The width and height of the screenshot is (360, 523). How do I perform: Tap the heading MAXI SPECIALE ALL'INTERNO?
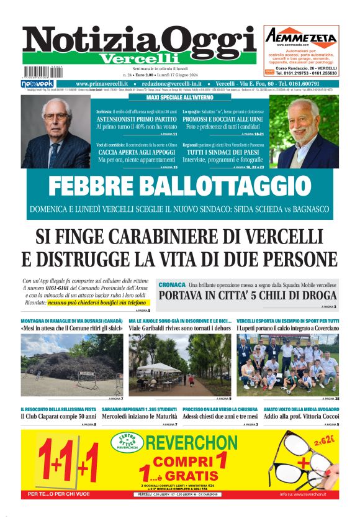179,98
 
